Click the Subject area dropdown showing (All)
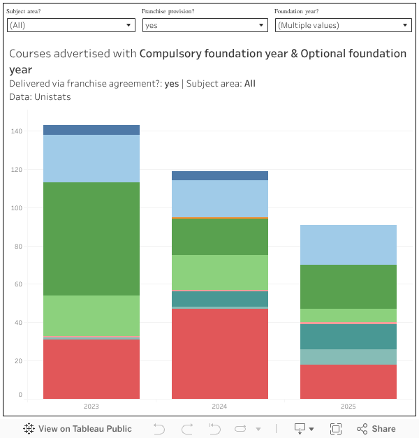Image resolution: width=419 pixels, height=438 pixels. coord(71,25)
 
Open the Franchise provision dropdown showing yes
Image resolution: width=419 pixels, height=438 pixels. coord(205,25)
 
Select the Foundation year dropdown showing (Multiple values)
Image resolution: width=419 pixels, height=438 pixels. coord(342,25)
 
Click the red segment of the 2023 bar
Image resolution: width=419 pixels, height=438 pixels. coord(91,369)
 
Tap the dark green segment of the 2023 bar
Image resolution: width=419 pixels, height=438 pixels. coord(91,239)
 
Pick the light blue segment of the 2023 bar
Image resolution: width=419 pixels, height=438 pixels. coord(91,159)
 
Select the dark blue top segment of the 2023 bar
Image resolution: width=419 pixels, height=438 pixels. coord(91,130)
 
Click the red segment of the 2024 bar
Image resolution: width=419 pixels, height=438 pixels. coord(220,353)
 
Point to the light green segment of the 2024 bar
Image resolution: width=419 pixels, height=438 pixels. coord(220,272)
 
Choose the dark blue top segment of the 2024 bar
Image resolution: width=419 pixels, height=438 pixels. coord(220,176)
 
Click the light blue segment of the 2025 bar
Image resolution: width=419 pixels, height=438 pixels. coord(348,244)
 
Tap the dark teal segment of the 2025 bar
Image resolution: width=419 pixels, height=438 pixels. coord(348,337)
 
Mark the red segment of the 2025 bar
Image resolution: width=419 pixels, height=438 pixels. coord(348,381)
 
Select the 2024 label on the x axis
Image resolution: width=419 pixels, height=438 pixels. coord(220,406)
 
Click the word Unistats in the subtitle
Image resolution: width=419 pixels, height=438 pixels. coord(52,97)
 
